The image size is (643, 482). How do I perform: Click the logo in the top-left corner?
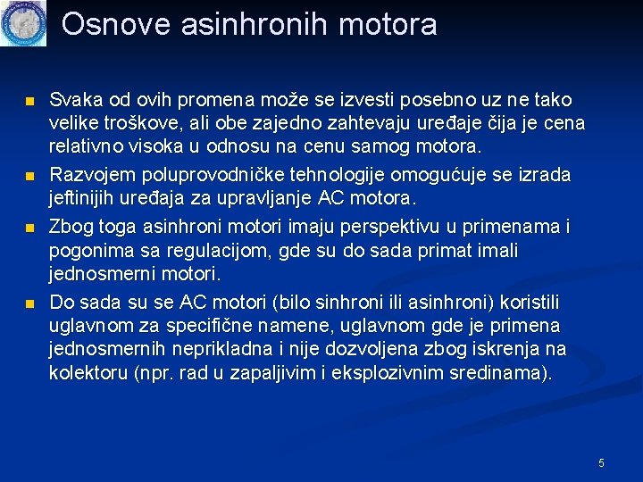(x=23, y=23)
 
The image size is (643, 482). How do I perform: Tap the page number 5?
(x=601, y=462)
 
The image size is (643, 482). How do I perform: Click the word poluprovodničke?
(x=210, y=172)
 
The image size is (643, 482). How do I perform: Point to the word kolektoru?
(x=87, y=373)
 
